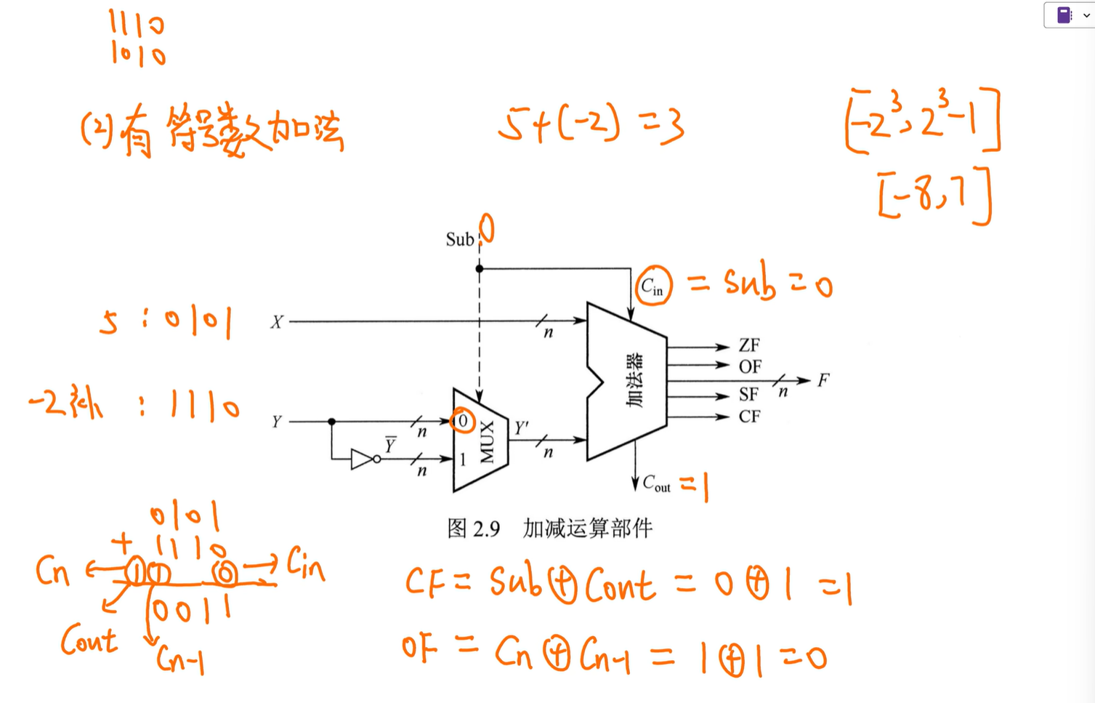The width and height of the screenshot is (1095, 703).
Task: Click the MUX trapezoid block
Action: tap(480, 441)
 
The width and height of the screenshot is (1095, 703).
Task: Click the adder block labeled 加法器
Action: tap(626, 381)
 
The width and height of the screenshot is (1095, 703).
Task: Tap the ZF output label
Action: tap(749, 345)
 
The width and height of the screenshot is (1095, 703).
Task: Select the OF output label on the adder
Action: tap(750, 366)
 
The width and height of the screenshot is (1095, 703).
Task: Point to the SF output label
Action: tap(748, 395)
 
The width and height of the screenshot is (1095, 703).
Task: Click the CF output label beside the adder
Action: tap(749, 417)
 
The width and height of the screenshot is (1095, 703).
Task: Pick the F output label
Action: tap(823, 380)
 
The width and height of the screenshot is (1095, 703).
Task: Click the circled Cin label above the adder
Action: tap(652, 286)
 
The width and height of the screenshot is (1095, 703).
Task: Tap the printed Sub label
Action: tap(459, 239)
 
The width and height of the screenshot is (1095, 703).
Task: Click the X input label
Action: tap(277, 322)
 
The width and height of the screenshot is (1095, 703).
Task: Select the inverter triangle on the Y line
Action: tap(362, 459)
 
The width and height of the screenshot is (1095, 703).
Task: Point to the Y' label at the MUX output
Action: tap(522, 428)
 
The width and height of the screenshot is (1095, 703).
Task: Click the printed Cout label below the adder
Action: tap(656, 483)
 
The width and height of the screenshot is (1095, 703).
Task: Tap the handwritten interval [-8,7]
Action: tap(934, 195)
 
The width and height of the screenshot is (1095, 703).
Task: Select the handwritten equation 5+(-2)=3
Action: tap(590, 124)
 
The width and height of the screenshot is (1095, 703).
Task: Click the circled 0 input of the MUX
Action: tap(462, 420)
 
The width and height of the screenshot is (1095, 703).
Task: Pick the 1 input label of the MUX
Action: tap(462, 459)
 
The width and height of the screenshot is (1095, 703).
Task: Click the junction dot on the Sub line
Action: tap(480, 268)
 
